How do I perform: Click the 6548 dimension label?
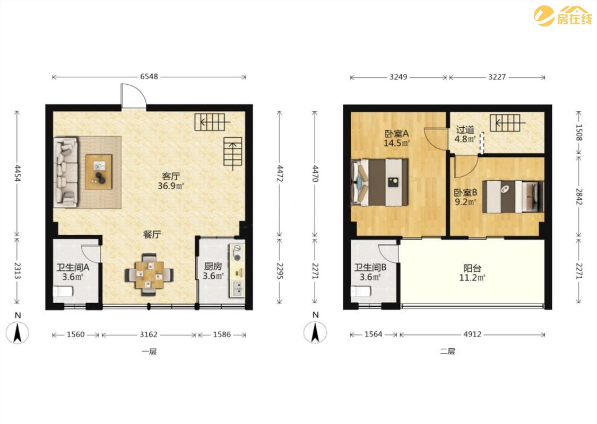149,76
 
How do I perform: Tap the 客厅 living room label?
170,176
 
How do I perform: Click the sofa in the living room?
66,172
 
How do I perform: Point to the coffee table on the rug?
99,172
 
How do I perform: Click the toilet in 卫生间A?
63,291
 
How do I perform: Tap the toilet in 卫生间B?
360,291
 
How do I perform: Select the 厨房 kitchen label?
213,266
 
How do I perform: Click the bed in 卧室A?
379,182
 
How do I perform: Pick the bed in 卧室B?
513,197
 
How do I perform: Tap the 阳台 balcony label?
472,268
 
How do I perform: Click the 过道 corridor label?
465,130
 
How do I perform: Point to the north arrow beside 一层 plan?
18,332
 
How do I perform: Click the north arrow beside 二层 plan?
315,332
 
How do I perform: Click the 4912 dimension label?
472,334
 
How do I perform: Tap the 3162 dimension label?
149,334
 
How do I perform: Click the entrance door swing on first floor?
134,95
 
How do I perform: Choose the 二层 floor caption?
448,351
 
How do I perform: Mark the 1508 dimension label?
579,132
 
